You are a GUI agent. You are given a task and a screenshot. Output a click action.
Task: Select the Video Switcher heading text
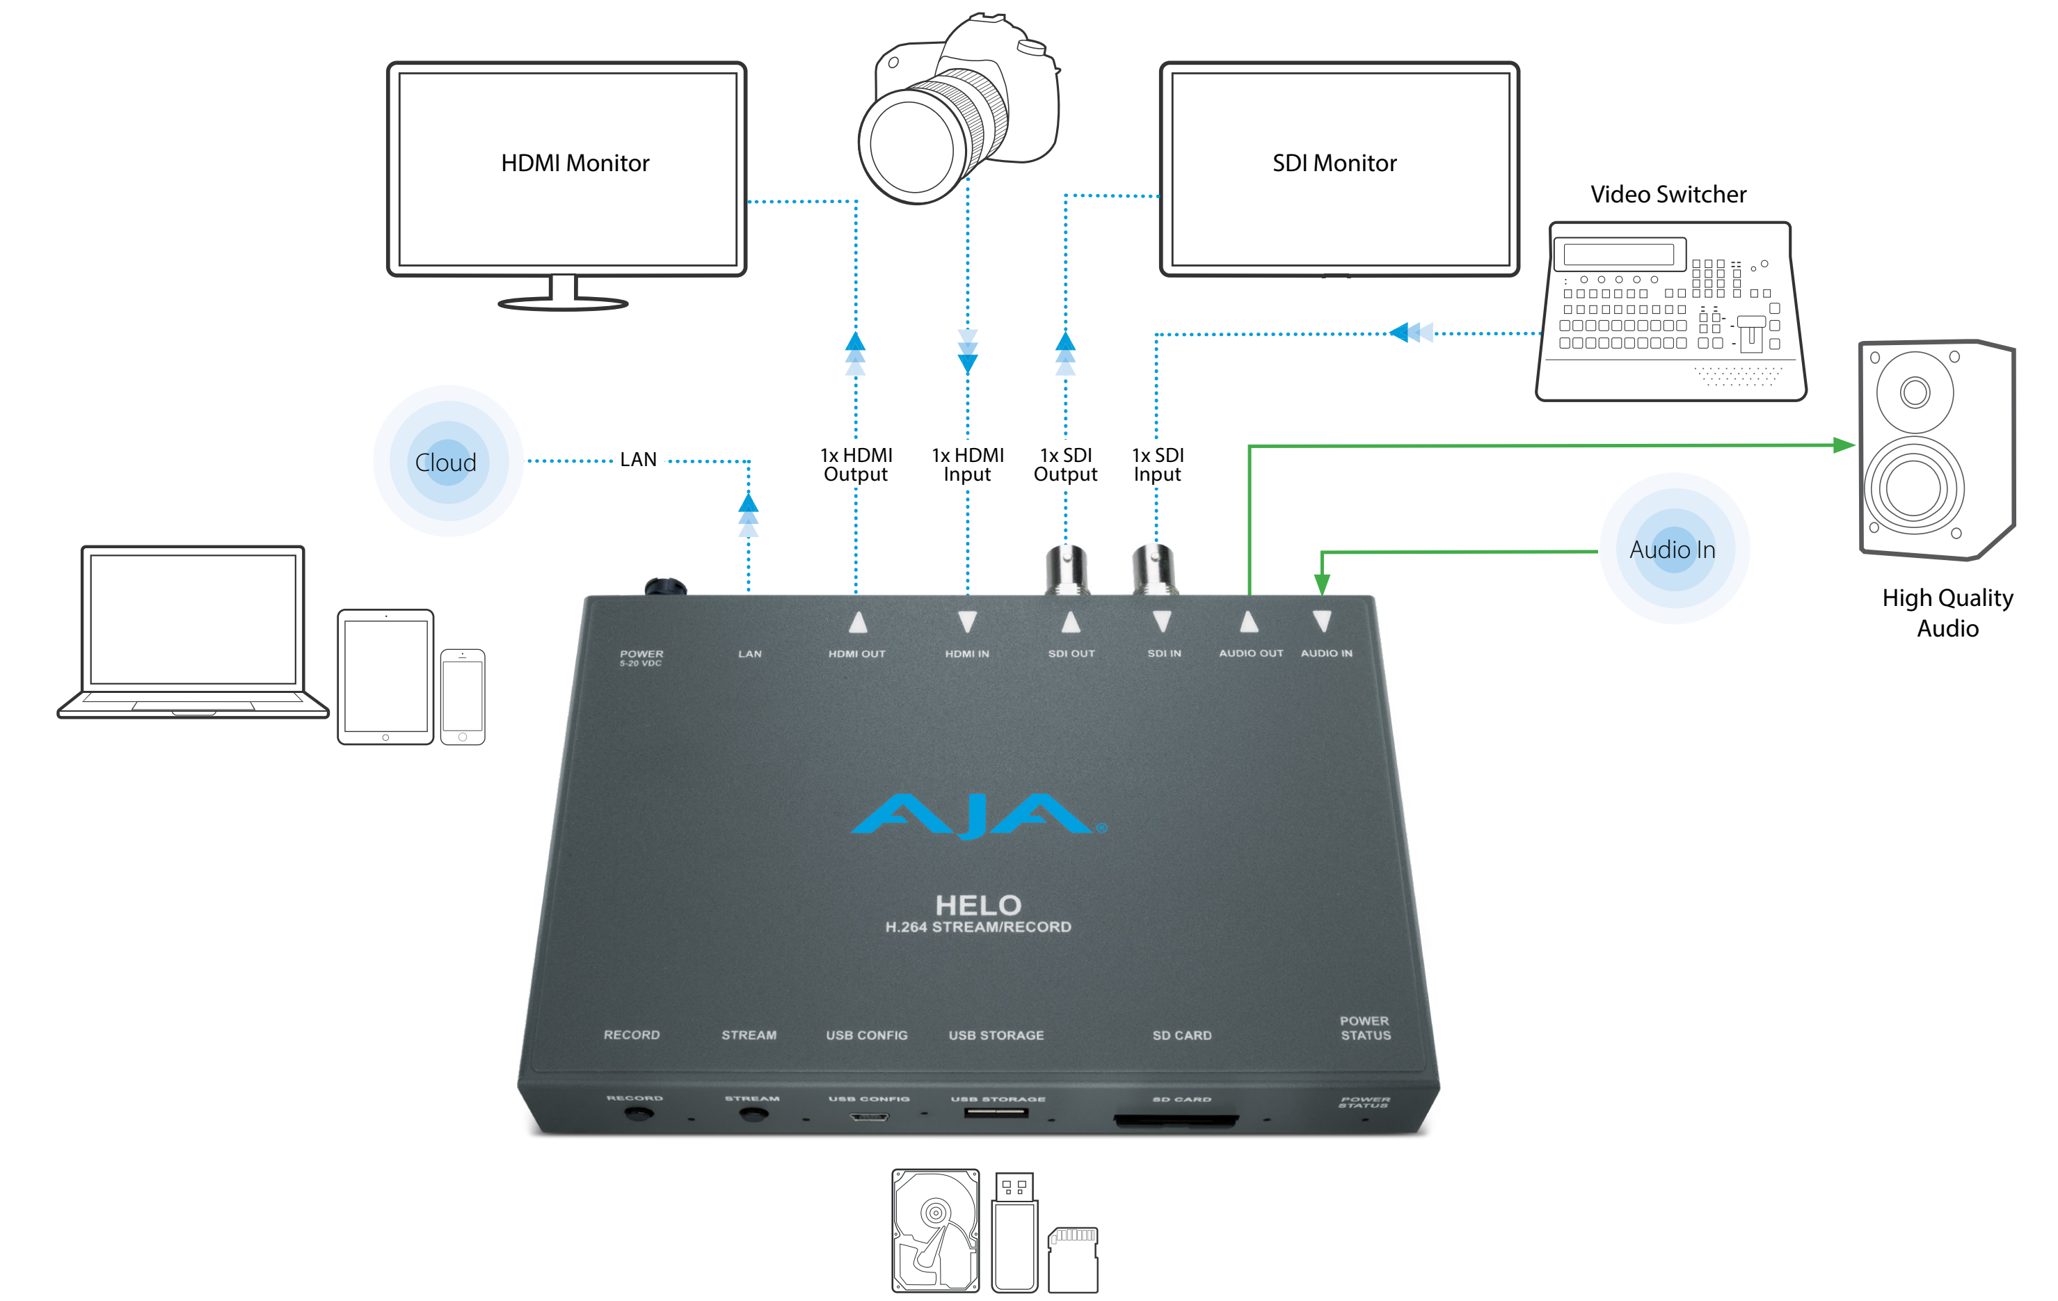(x=1668, y=194)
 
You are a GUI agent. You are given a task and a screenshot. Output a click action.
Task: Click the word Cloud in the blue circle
(x=445, y=463)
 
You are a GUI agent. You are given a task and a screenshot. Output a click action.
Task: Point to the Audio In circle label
(x=1673, y=550)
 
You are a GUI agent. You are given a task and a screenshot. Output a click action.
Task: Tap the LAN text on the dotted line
(x=639, y=460)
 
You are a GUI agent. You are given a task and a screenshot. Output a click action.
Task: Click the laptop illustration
(x=193, y=632)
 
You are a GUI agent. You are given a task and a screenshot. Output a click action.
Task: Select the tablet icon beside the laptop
(x=385, y=677)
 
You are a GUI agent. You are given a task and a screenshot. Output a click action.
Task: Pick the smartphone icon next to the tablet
(x=463, y=696)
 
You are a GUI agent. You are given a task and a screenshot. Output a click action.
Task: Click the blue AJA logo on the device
(x=978, y=815)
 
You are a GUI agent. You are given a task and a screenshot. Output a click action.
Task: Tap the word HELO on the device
(x=978, y=905)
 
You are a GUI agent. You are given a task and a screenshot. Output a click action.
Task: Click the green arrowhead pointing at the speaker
(x=1844, y=445)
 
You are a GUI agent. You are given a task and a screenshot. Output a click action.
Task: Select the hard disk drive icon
(x=935, y=1230)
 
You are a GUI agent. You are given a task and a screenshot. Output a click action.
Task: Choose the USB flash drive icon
(x=1014, y=1231)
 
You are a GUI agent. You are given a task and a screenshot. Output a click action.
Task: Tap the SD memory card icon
(x=1073, y=1260)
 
